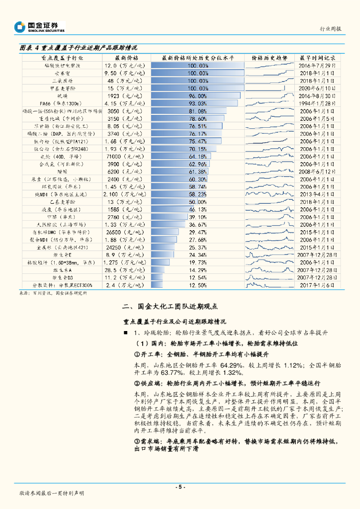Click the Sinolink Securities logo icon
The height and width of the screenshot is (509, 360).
coord(20,27)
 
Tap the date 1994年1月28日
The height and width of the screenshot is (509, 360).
coord(318,103)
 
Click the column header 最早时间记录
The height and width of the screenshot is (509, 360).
coord(318,58)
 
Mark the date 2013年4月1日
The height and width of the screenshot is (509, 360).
coord(318,194)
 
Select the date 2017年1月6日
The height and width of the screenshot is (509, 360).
coord(318,285)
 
